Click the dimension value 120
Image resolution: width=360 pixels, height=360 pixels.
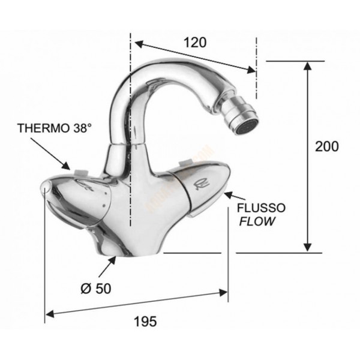[x=196, y=42]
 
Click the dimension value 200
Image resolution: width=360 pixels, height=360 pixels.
[x=327, y=146]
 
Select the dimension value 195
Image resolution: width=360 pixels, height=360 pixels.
[x=145, y=321]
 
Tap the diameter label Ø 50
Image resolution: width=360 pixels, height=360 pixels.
[x=96, y=288]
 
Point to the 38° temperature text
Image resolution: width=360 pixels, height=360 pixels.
[x=83, y=128]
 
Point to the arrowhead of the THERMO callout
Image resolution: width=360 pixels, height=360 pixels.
[x=70, y=166]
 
